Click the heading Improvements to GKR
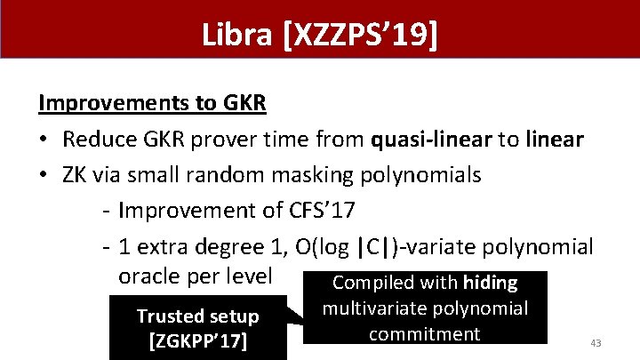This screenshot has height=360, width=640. point(152,104)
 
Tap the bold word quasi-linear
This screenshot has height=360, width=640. point(428,140)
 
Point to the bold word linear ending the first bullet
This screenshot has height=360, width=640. point(551,140)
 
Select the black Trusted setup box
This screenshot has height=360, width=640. point(197,327)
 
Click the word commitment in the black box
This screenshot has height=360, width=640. point(424,334)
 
